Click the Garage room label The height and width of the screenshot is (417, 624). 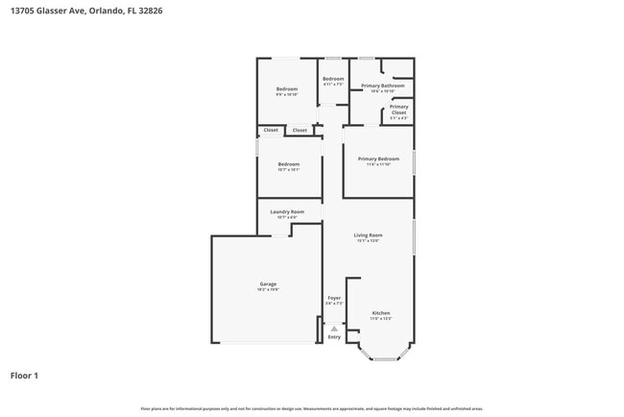(268, 283)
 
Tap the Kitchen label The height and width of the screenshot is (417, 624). (381, 312)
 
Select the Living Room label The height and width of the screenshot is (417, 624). (369, 235)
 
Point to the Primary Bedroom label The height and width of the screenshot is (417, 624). (378, 159)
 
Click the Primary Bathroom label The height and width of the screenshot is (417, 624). (382, 86)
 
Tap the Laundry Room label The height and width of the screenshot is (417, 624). (287, 211)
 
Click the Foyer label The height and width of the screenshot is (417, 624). (334, 298)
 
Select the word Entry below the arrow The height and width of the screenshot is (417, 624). (334, 337)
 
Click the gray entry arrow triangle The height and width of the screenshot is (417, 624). (334, 328)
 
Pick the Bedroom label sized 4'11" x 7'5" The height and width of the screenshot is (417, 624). (333, 79)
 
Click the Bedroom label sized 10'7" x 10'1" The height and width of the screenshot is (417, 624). (289, 164)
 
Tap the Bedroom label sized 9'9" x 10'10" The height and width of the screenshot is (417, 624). (287, 89)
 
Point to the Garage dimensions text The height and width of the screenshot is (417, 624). (268, 289)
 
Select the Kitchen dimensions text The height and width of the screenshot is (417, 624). (381, 318)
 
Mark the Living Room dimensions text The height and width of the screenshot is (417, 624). (369, 241)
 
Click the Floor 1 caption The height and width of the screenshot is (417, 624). (24, 375)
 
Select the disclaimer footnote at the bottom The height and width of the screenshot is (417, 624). (312, 408)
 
